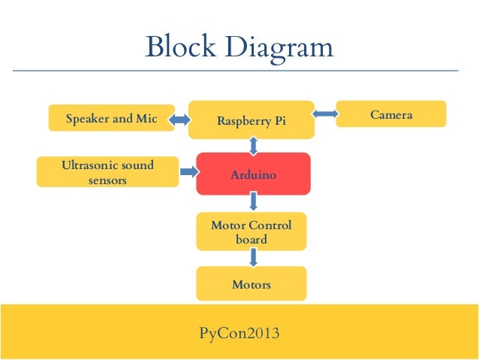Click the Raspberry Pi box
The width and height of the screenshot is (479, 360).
coord(251,119)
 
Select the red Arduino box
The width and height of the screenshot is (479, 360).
coord(253,174)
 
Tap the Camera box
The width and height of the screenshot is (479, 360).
coord(390,114)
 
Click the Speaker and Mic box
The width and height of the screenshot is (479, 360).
coord(111,118)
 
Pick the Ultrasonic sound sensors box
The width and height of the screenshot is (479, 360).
coord(107,171)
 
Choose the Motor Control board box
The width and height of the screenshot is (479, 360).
coord(251,231)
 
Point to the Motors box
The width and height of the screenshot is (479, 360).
coord(251,284)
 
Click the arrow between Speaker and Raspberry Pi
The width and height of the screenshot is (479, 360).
coord(181,119)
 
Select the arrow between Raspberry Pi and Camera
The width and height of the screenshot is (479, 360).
coord(324,114)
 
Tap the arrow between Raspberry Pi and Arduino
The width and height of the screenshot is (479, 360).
coord(253,146)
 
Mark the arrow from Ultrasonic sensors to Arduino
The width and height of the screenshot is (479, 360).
coord(186,171)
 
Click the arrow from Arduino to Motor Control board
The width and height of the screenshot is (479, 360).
coord(253,201)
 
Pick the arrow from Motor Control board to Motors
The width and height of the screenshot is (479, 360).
coord(253,257)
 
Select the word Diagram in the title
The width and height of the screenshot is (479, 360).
coord(278,48)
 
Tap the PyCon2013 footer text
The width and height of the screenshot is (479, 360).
coord(239,331)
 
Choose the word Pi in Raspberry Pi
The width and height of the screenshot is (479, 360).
coord(279,120)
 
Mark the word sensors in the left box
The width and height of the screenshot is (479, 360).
coord(107,180)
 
